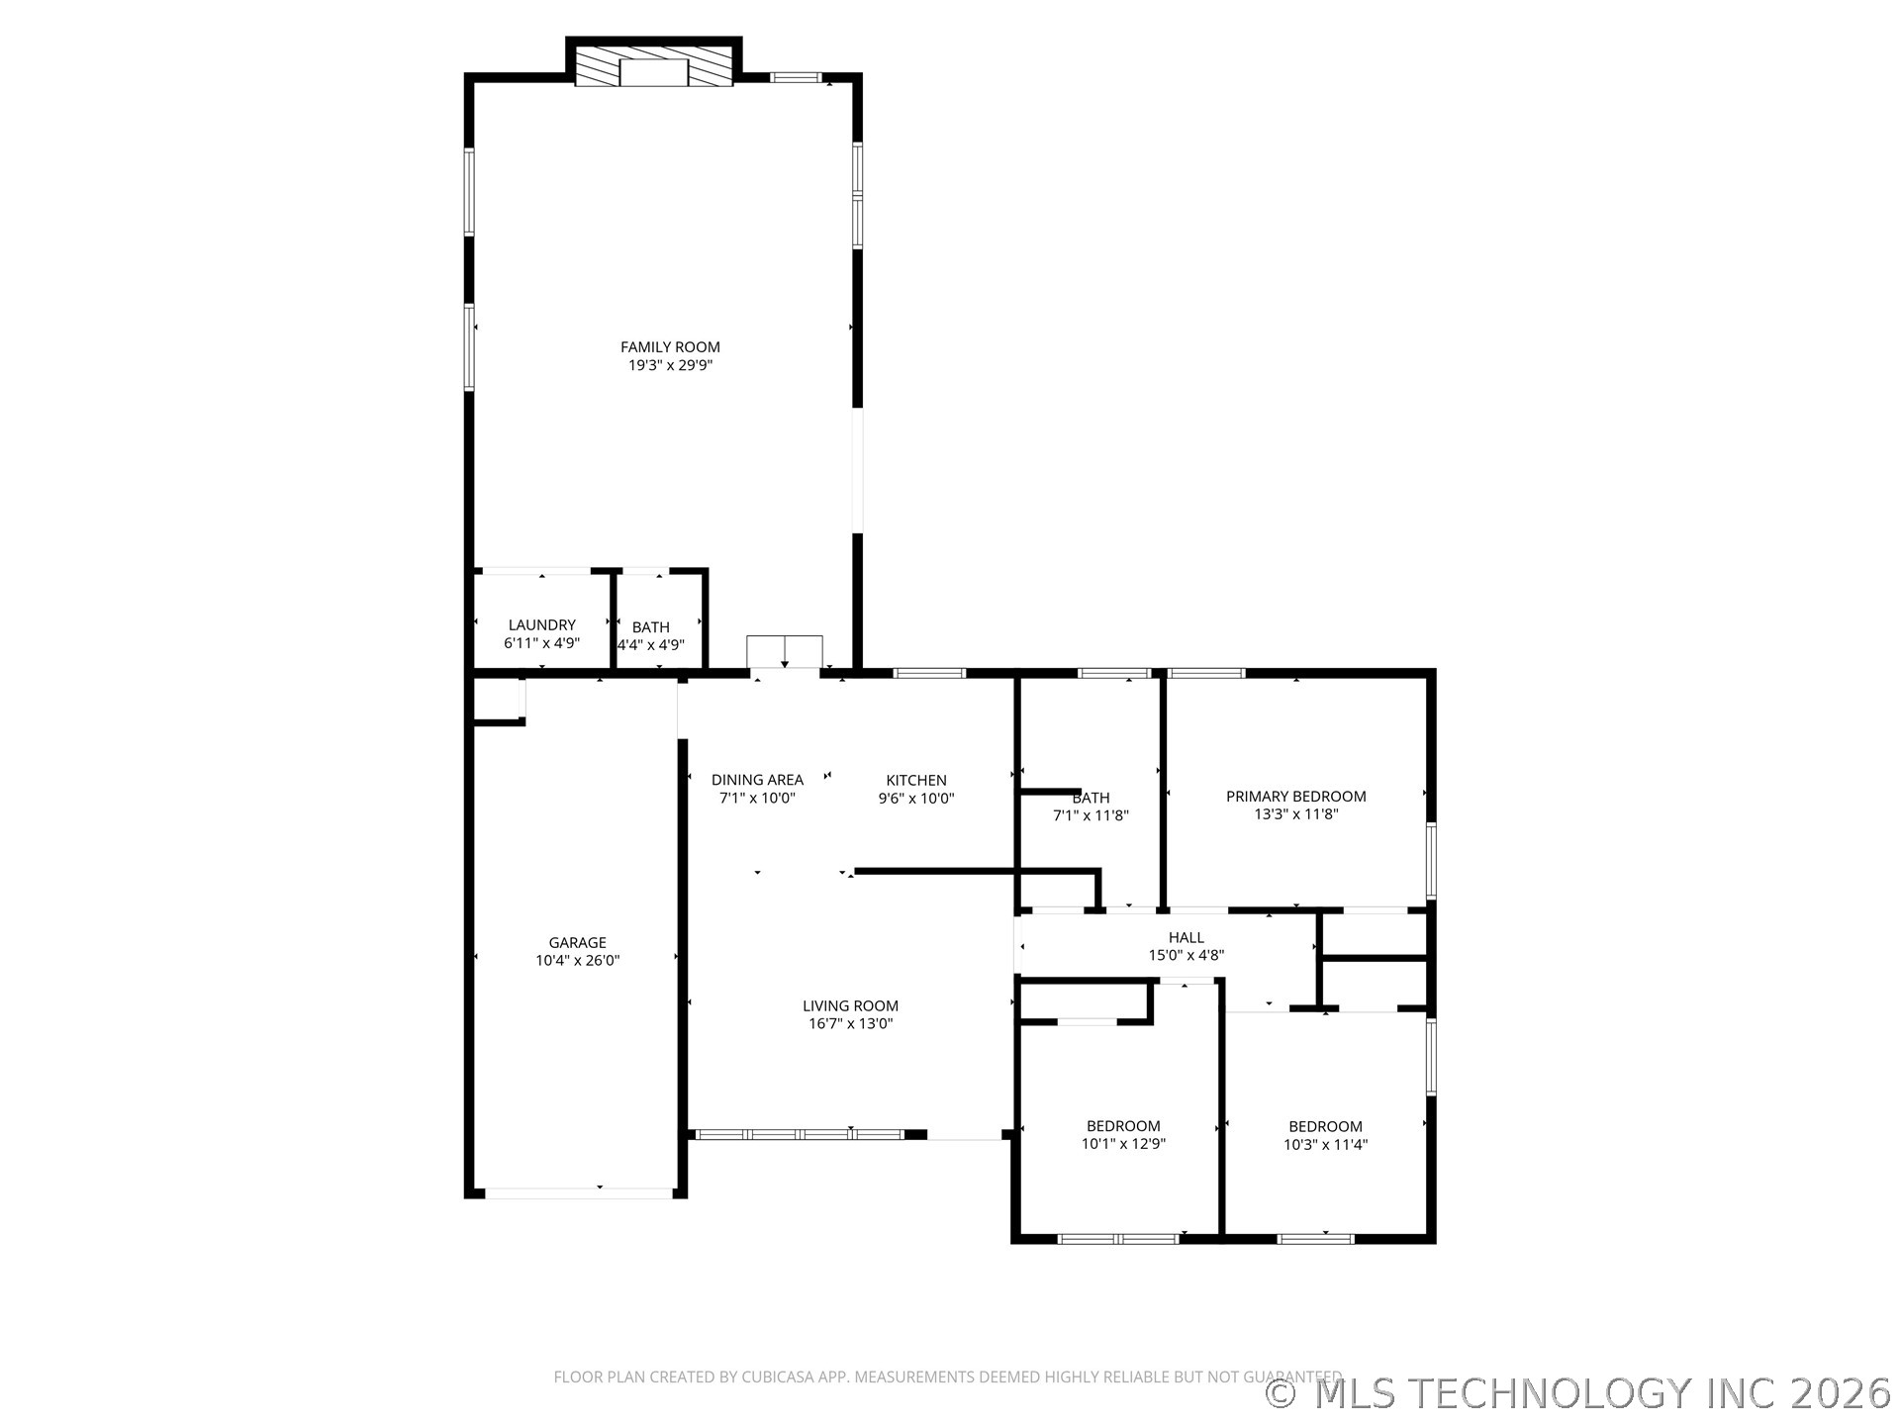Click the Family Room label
[670, 346]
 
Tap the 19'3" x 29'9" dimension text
[670, 365]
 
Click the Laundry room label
[541, 624]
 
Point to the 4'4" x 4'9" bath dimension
[650, 645]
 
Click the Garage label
[577, 942]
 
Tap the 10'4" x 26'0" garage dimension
[577, 960]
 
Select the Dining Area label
[757, 780]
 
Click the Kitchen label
[916, 780]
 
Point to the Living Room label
[850, 1005]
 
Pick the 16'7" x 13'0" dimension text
[850, 1024]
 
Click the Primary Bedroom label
[1295, 796]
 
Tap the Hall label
[1186, 937]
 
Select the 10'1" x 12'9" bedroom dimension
[1123, 1144]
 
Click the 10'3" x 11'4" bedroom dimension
[1325, 1145]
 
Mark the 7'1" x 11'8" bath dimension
[1091, 816]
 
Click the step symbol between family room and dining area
[785, 652]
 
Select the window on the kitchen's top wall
[929, 673]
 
